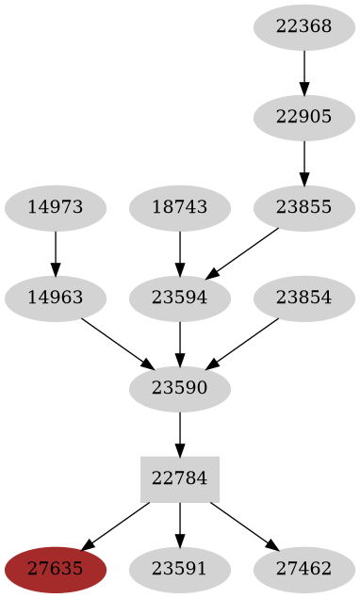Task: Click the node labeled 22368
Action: pos(304,26)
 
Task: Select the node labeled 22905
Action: pos(304,117)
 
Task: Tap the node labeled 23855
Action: pos(304,207)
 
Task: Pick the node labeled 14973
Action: pos(56,207)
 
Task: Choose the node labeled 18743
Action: pos(180,207)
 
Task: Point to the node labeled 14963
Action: pos(56,298)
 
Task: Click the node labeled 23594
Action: pos(180,298)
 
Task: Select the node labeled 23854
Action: pos(304,298)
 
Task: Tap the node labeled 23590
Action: pos(180,388)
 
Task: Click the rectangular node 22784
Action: pos(180,478)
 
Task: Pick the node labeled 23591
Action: pos(180,569)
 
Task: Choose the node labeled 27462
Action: pos(304,569)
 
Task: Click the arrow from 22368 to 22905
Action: pos(304,72)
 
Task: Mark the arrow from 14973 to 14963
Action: pos(56,252)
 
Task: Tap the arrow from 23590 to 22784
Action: pos(180,433)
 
